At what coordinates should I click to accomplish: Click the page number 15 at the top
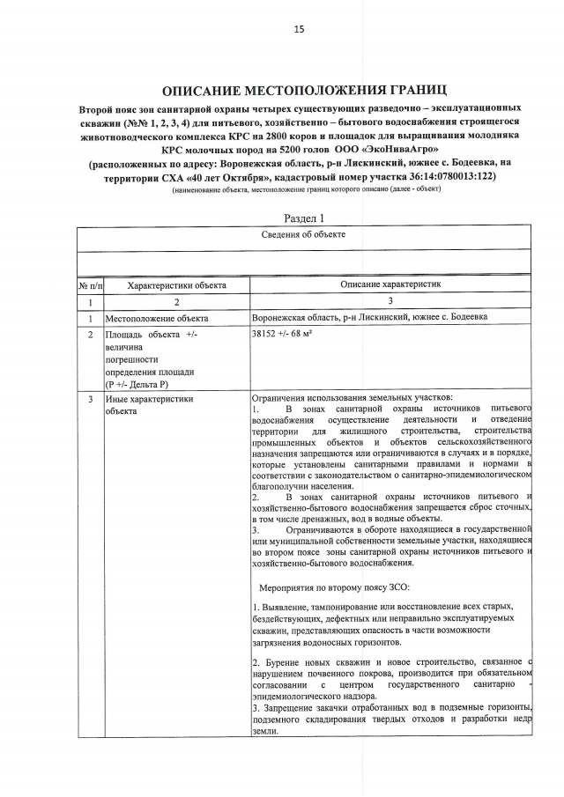coord(299,29)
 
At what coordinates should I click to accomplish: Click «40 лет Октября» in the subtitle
coord(190,176)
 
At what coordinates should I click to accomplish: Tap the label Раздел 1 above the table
coord(306,218)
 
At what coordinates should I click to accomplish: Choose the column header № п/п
coord(90,285)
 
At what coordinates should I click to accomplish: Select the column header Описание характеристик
coord(390,285)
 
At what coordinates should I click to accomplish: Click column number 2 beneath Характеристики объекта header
coord(176,302)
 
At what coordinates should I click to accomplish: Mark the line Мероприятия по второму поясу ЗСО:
coord(330,587)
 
